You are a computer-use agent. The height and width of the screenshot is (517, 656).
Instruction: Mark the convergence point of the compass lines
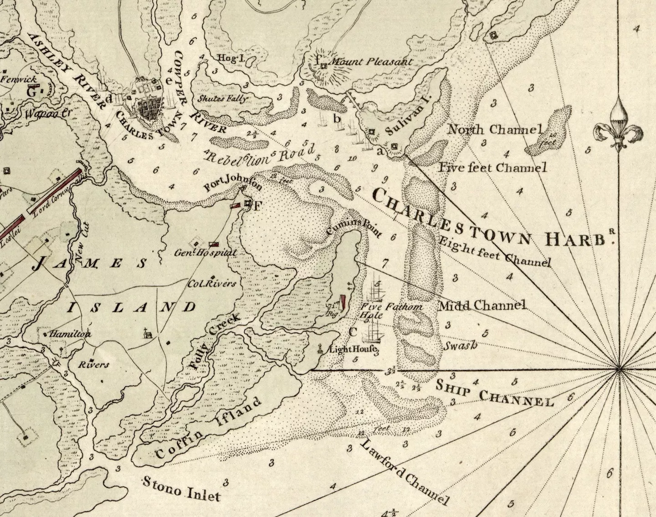[619, 369]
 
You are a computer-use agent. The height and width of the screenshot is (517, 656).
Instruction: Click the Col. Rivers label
[213, 283]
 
